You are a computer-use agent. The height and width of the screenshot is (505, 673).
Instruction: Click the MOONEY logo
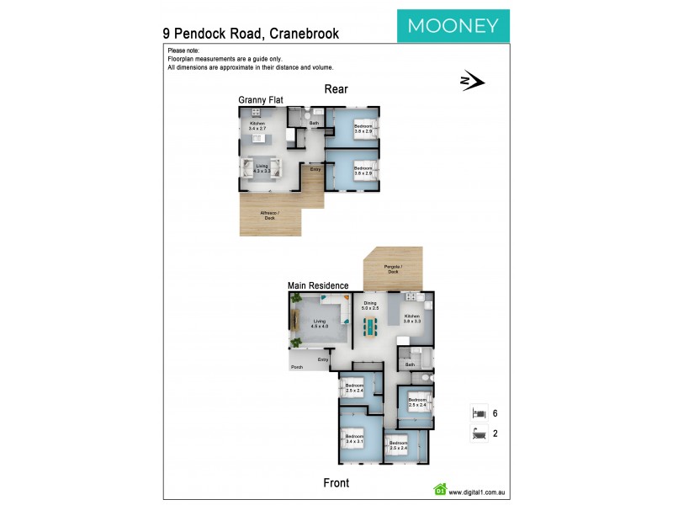point(453,25)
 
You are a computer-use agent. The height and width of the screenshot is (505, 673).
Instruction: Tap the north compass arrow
point(472,81)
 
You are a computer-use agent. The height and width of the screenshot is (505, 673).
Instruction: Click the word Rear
point(336,89)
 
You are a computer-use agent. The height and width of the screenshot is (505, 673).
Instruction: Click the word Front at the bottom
point(336,483)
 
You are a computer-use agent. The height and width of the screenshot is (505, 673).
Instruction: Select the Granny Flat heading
point(260,99)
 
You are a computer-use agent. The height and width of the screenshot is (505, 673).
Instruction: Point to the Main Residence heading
point(318,285)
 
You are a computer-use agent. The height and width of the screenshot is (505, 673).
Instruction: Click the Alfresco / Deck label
point(269,215)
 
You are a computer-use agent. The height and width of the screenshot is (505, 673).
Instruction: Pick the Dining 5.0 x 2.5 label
point(370,306)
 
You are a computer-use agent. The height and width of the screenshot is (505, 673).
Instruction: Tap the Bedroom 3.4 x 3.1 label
point(353,439)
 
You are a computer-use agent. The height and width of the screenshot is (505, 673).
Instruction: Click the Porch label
point(296,367)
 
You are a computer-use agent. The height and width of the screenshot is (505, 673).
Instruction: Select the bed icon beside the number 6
point(479,413)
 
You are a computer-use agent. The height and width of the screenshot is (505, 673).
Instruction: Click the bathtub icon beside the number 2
point(479,434)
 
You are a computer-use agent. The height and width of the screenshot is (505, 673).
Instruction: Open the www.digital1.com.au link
point(475,492)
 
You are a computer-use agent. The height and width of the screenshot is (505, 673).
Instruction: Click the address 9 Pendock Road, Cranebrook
point(251,34)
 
